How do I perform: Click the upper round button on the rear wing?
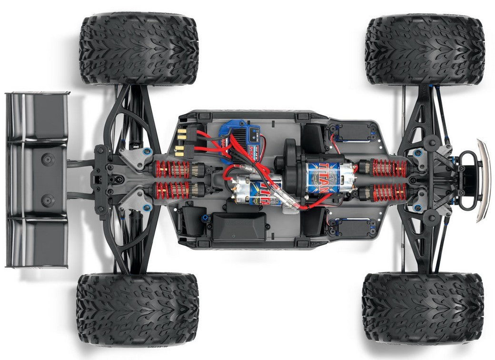[48, 159]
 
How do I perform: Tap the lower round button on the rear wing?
[48, 200]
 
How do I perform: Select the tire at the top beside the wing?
[139, 49]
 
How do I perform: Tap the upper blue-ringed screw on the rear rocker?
[147, 152]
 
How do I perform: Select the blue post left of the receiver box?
[206, 219]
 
